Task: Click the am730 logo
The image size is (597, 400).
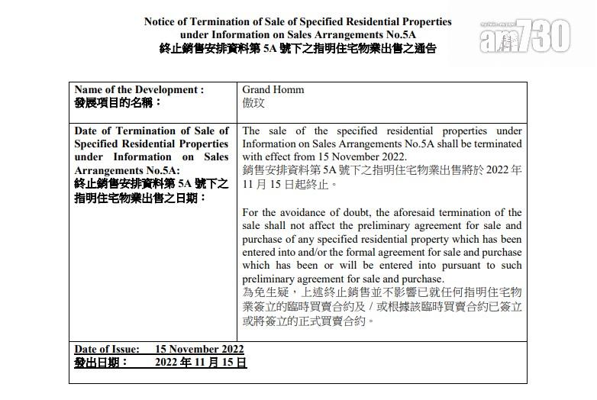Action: tap(526, 35)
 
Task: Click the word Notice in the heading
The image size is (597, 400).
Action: tap(162, 21)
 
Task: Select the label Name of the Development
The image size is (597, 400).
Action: tap(139, 89)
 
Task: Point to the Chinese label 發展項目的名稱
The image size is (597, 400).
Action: tap(118, 102)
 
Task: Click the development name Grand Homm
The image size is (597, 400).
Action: tap(273, 89)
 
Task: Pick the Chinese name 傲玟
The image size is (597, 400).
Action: tap(254, 102)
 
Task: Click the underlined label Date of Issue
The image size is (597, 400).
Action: tap(107, 350)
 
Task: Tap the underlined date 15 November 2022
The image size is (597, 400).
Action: tap(199, 350)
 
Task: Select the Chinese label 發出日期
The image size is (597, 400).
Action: tap(101, 363)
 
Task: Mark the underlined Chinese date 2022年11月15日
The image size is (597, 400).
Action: tap(200, 363)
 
